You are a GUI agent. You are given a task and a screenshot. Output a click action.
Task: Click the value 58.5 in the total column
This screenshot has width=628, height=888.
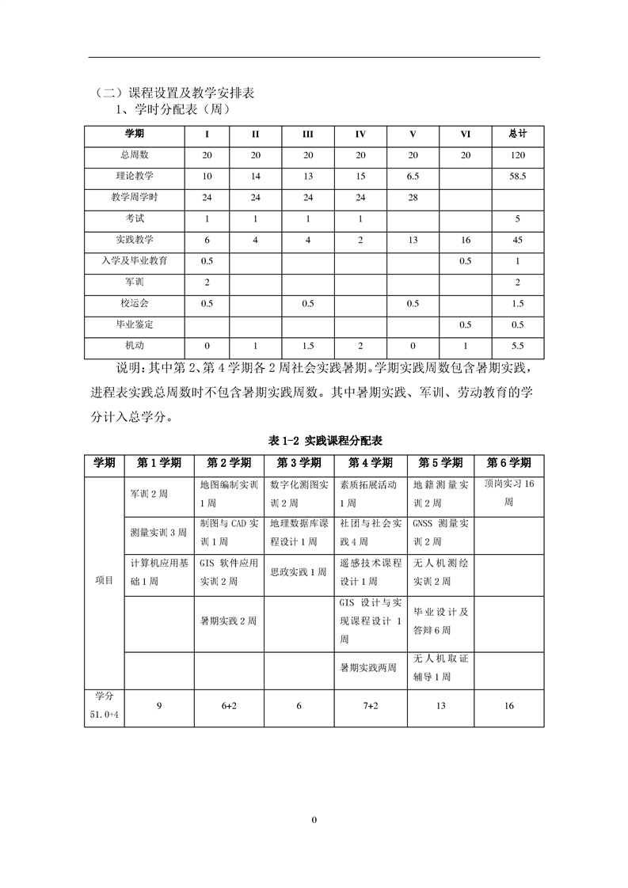tap(518, 176)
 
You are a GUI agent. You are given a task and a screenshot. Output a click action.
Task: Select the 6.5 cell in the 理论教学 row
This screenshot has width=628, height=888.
tap(413, 176)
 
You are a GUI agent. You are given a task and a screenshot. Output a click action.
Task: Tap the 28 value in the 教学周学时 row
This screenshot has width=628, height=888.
tap(413, 197)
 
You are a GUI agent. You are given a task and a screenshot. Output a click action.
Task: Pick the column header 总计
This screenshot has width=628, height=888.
tap(518, 133)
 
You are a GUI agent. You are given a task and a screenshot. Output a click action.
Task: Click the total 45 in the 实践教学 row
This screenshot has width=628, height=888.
tap(518, 239)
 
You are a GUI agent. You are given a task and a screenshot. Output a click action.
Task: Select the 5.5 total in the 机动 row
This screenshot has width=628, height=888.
tap(518, 346)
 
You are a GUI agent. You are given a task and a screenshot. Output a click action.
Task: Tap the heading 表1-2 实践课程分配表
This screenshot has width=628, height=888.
tap(314, 440)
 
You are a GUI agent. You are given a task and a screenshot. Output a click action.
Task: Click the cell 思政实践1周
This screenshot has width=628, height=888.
tap(299, 571)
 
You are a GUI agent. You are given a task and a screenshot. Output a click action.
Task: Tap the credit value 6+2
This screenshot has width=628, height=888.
tap(230, 706)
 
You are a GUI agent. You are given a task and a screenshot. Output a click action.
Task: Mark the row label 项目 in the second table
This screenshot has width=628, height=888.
tap(104, 580)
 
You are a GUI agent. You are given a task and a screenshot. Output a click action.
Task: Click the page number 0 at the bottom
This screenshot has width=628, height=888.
tap(314, 819)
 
